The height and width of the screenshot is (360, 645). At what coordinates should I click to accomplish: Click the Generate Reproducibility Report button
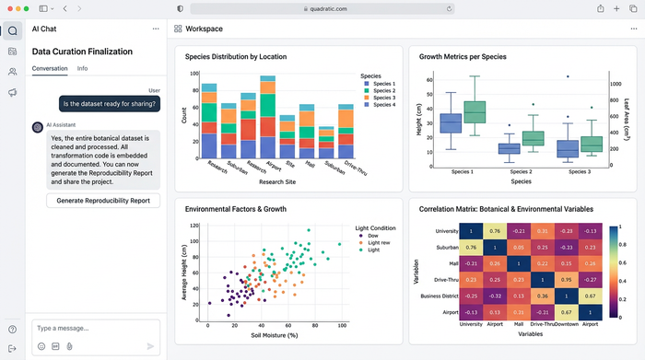pos(103,201)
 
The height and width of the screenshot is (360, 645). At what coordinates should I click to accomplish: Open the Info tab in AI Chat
pos(82,69)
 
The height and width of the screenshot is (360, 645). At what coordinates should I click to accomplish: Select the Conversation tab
pos(50,69)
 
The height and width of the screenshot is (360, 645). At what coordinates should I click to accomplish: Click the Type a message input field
pos(92,328)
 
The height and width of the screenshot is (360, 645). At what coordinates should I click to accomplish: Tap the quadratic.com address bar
pos(322,8)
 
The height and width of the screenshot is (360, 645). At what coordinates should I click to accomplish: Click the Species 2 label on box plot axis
pos(521,172)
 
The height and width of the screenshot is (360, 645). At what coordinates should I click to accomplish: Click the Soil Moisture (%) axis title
pos(274,336)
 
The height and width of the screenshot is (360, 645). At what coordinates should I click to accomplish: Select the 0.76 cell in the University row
pos(495,231)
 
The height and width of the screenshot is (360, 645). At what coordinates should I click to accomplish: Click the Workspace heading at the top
pos(204,29)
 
